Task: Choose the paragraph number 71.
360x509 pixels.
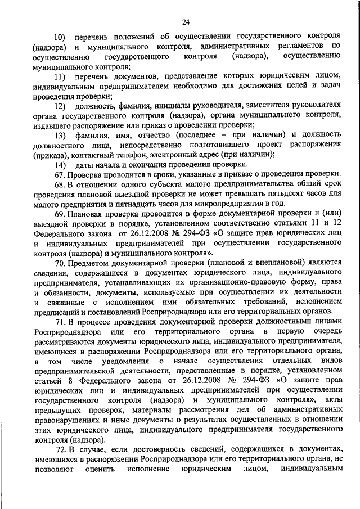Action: point(61,321)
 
